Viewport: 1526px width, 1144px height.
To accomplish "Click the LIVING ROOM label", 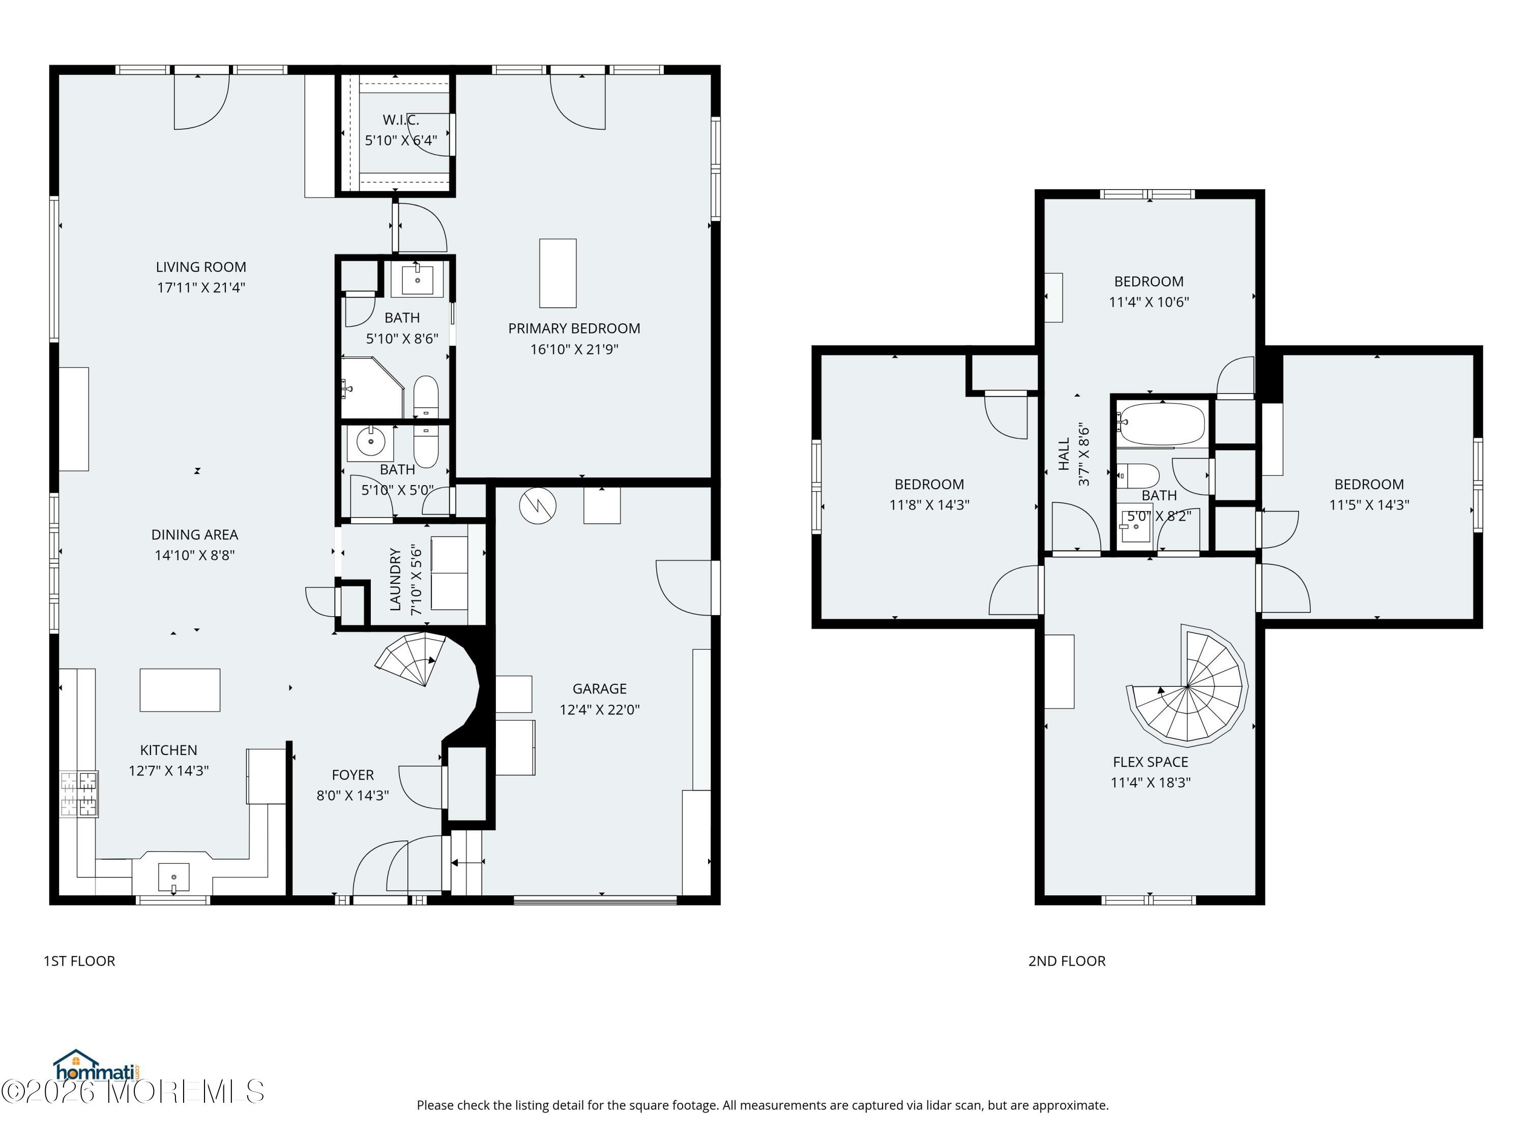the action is click(x=201, y=267).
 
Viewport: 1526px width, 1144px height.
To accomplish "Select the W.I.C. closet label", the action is click(x=401, y=120).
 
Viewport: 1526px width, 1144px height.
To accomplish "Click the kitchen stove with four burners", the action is click(x=79, y=794).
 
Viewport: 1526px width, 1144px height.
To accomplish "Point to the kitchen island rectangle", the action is click(x=180, y=689).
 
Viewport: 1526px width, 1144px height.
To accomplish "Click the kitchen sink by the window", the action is click(x=173, y=878).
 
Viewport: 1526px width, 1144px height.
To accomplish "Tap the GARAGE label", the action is click(x=600, y=689).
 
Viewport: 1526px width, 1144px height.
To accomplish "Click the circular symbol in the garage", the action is click(x=538, y=505).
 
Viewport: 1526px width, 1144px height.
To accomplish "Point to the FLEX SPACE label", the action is click(x=1151, y=762).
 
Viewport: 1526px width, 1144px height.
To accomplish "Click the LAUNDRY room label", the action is click(x=395, y=579).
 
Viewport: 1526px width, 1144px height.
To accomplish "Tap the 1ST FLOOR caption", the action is click(x=79, y=960).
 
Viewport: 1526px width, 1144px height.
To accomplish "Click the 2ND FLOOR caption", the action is click(x=1067, y=960).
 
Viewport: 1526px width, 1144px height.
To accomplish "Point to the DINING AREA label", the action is click(x=194, y=534).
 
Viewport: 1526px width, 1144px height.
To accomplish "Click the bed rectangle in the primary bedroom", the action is click(x=557, y=273).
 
